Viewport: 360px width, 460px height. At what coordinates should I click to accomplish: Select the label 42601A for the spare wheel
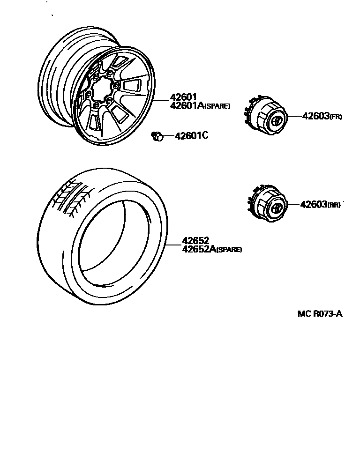tap(186, 106)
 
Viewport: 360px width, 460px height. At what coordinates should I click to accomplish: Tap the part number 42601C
tap(191, 136)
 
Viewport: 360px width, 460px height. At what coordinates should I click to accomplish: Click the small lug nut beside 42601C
tap(157, 136)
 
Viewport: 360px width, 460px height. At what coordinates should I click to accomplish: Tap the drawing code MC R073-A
tap(320, 314)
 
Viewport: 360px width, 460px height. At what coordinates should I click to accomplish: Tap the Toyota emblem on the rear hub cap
tap(277, 208)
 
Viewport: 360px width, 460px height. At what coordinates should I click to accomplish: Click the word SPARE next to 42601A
tap(216, 107)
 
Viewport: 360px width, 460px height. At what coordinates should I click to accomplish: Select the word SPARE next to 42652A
tap(228, 250)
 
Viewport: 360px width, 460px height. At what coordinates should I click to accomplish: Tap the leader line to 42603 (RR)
tap(292, 204)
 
